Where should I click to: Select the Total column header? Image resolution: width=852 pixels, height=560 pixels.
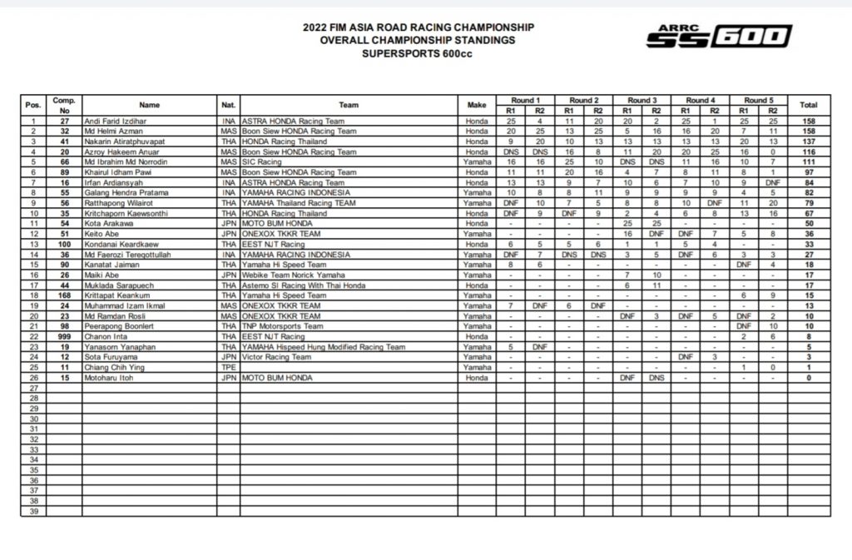point(808,106)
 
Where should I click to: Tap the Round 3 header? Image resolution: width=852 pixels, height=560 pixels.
point(641,100)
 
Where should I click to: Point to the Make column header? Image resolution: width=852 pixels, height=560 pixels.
point(476,106)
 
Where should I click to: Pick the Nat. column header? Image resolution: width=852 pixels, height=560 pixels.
point(228,106)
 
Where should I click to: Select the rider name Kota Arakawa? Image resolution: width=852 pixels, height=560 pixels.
point(99,223)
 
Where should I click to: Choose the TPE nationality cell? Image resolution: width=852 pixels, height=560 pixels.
point(228,366)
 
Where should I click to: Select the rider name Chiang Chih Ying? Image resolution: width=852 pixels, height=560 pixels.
point(102,366)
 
